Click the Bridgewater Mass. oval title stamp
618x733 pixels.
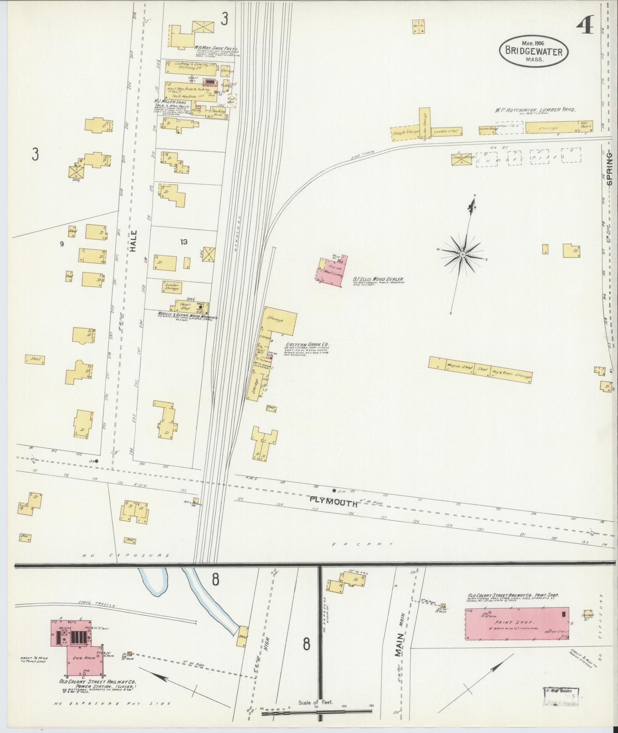pos(533,51)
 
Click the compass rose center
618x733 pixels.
pos(462,254)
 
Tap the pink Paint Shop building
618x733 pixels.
pos(516,623)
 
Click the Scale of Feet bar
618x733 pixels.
pos(316,702)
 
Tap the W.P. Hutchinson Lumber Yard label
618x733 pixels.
pos(534,110)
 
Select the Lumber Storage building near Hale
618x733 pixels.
pos(172,287)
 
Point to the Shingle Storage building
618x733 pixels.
pos(405,132)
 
